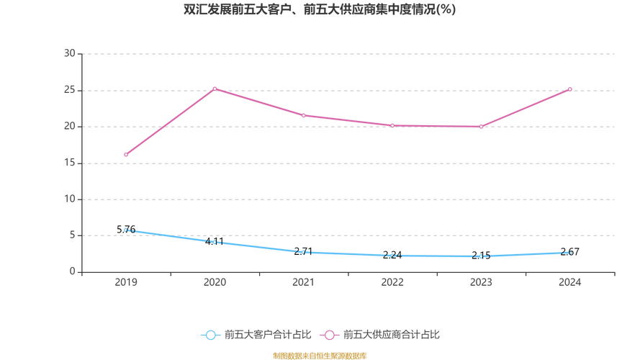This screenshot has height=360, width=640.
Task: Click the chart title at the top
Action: click(x=320, y=10)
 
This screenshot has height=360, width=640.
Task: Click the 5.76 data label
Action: click(x=126, y=230)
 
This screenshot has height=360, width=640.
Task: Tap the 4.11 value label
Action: click(x=215, y=242)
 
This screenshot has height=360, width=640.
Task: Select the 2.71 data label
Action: click(x=304, y=252)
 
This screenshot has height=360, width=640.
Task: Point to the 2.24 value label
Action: click(x=392, y=255)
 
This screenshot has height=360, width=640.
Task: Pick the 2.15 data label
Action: click(x=481, y=256)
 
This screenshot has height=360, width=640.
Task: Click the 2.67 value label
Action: click(x=570, y=252)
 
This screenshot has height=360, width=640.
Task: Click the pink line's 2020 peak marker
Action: click(x=215, y=89)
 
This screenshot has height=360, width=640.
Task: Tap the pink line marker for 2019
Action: click(x=126, y=154)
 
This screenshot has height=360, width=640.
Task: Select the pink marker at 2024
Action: click(x=570, y=89)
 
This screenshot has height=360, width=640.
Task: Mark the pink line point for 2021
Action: click(x=304, y=115)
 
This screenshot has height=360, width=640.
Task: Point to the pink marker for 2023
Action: click(x=481, y=127)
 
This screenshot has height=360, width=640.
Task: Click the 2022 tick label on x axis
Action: click(x=392, y=282)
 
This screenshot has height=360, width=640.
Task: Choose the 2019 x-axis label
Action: click(x=126, y=282)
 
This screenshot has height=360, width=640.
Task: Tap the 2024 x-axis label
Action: click(x=570, y=282)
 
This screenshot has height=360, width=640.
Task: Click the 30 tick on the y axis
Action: click(x=70, y=53)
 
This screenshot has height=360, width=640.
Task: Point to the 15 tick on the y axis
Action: click(x=70, y=163)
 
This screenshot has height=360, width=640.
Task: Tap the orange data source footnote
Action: click(x=320, y=356)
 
